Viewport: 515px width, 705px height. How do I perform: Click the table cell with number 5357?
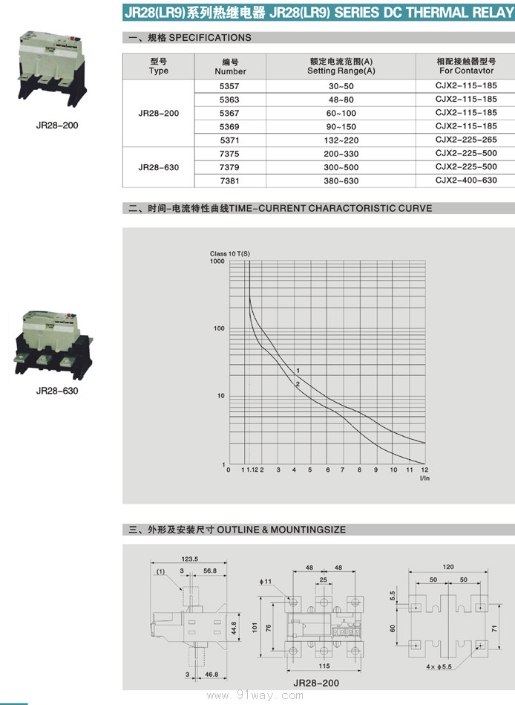tap(230, 85)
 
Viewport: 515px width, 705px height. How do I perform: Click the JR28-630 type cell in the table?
tap(158, 167)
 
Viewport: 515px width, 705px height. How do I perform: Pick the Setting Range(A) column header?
tap(341, 66)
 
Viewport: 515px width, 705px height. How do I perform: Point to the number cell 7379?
tap(230, 167)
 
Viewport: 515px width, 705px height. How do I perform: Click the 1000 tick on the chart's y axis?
tap(217, 261)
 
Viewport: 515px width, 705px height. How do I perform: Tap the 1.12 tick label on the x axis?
tap(252, 470)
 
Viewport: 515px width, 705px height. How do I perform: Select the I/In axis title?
tap(424, 478)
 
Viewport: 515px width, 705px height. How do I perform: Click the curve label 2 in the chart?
tap(298, 383)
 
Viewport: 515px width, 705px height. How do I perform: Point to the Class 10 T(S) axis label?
tap(230, 254)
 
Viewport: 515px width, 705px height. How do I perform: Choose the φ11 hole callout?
tap(268, 581)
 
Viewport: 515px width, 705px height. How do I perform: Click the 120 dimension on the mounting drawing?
tap(448, 567)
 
